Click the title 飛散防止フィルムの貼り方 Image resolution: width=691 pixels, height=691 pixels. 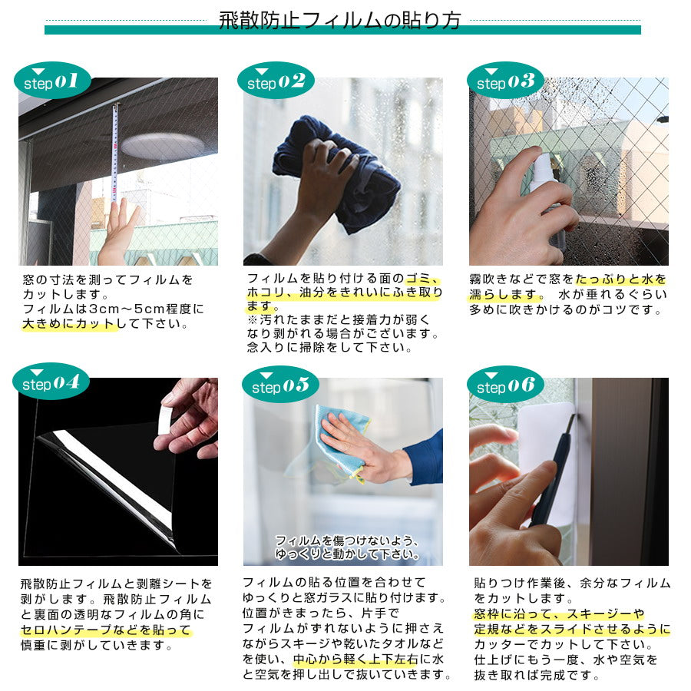pos(340,20)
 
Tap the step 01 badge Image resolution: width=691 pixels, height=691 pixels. pos(52,81)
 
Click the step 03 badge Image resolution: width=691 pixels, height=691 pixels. pos(505,81)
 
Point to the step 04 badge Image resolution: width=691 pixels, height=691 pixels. pos(51,382)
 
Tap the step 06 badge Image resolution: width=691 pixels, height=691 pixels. pos(505,385)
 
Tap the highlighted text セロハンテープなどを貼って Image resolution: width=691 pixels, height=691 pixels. pos(105,630)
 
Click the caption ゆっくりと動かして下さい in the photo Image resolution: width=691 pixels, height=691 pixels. pos(347,554)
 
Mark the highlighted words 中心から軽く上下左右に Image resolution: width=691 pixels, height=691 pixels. pos(368,659)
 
